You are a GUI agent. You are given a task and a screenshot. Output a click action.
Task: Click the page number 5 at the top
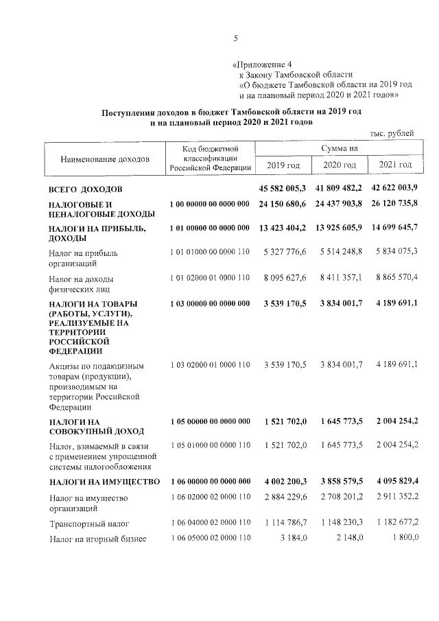235,38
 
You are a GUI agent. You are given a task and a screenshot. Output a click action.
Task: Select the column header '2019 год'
283,165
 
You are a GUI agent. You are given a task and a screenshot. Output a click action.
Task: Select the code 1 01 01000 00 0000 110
209,253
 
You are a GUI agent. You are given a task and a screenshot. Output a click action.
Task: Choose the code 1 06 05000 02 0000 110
209,537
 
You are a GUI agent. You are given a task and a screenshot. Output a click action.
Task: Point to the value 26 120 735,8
394,204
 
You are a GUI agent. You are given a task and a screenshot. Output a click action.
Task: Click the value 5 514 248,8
341,253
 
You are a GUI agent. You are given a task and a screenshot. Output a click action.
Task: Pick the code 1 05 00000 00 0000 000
209,421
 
